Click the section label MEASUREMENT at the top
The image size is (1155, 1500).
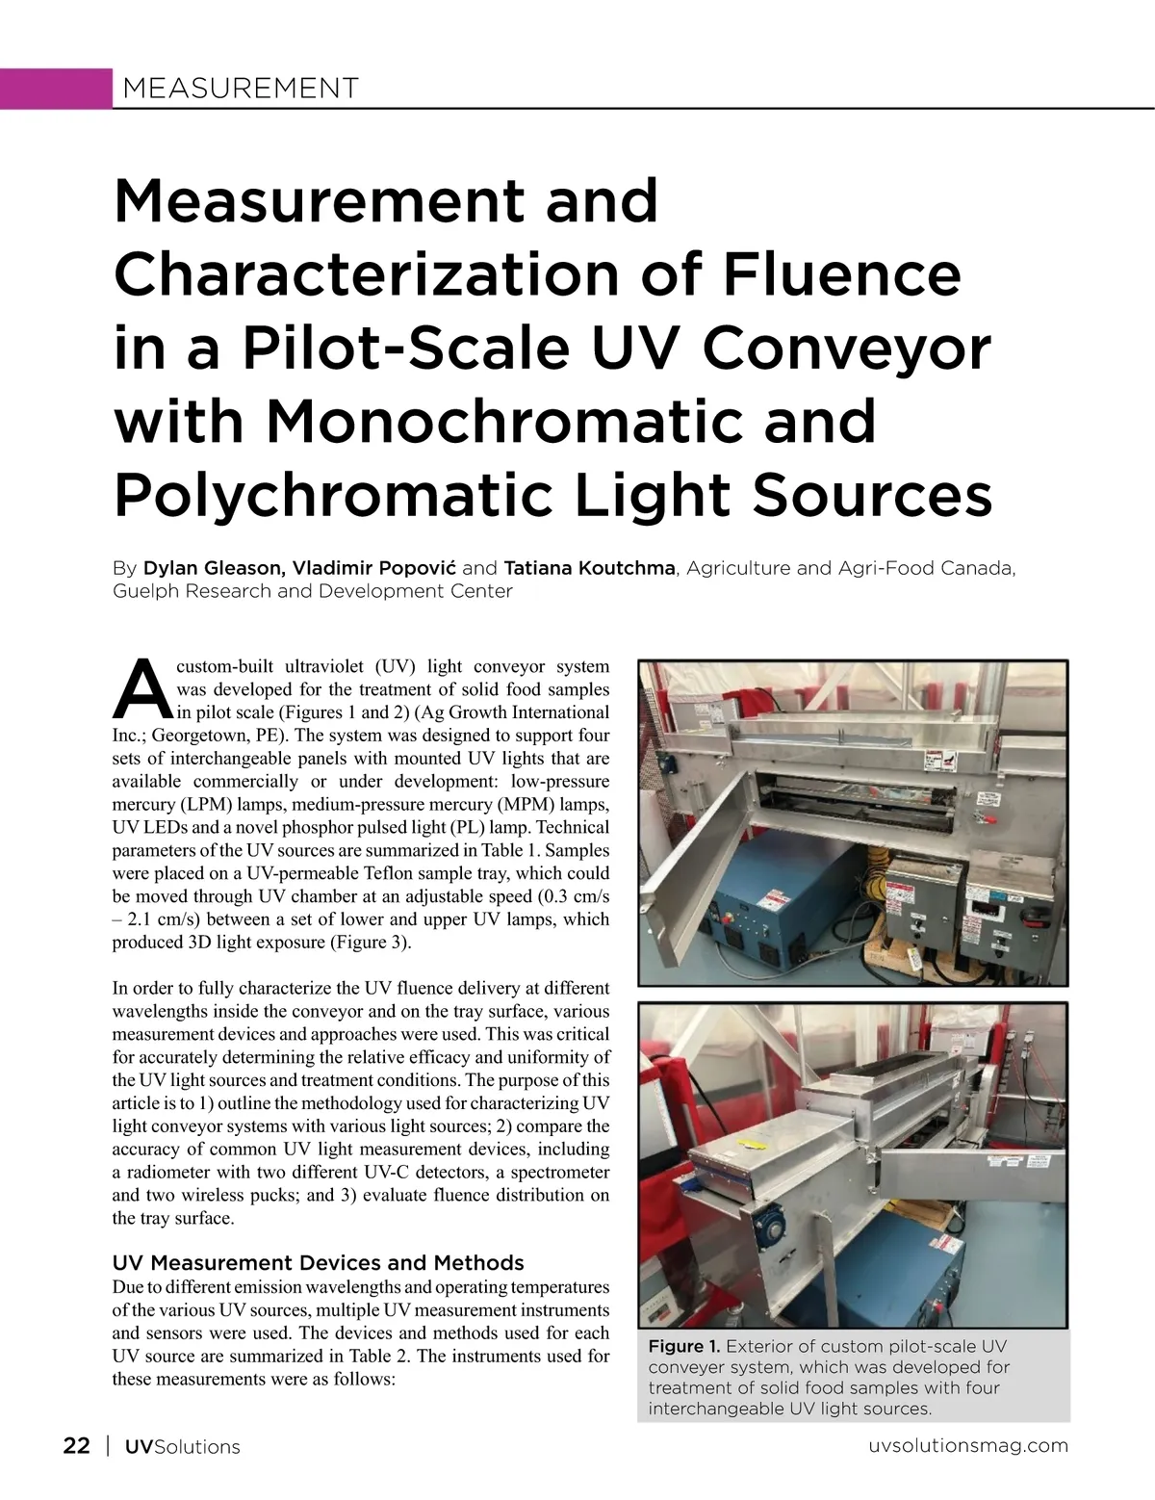pos(240,89)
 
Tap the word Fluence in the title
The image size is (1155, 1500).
pos(841,273)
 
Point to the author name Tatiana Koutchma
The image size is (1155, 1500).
pos(589,568)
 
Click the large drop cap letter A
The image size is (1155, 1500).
pos(142,689)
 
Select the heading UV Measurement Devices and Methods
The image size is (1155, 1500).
pos(318,1262)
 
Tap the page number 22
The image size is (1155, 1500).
pos(77,1446)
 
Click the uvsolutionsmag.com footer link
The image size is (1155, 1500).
pos(967,1446)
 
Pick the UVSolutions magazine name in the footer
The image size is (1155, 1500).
pos(183,1446)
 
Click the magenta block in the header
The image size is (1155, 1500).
pos(56,89)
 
